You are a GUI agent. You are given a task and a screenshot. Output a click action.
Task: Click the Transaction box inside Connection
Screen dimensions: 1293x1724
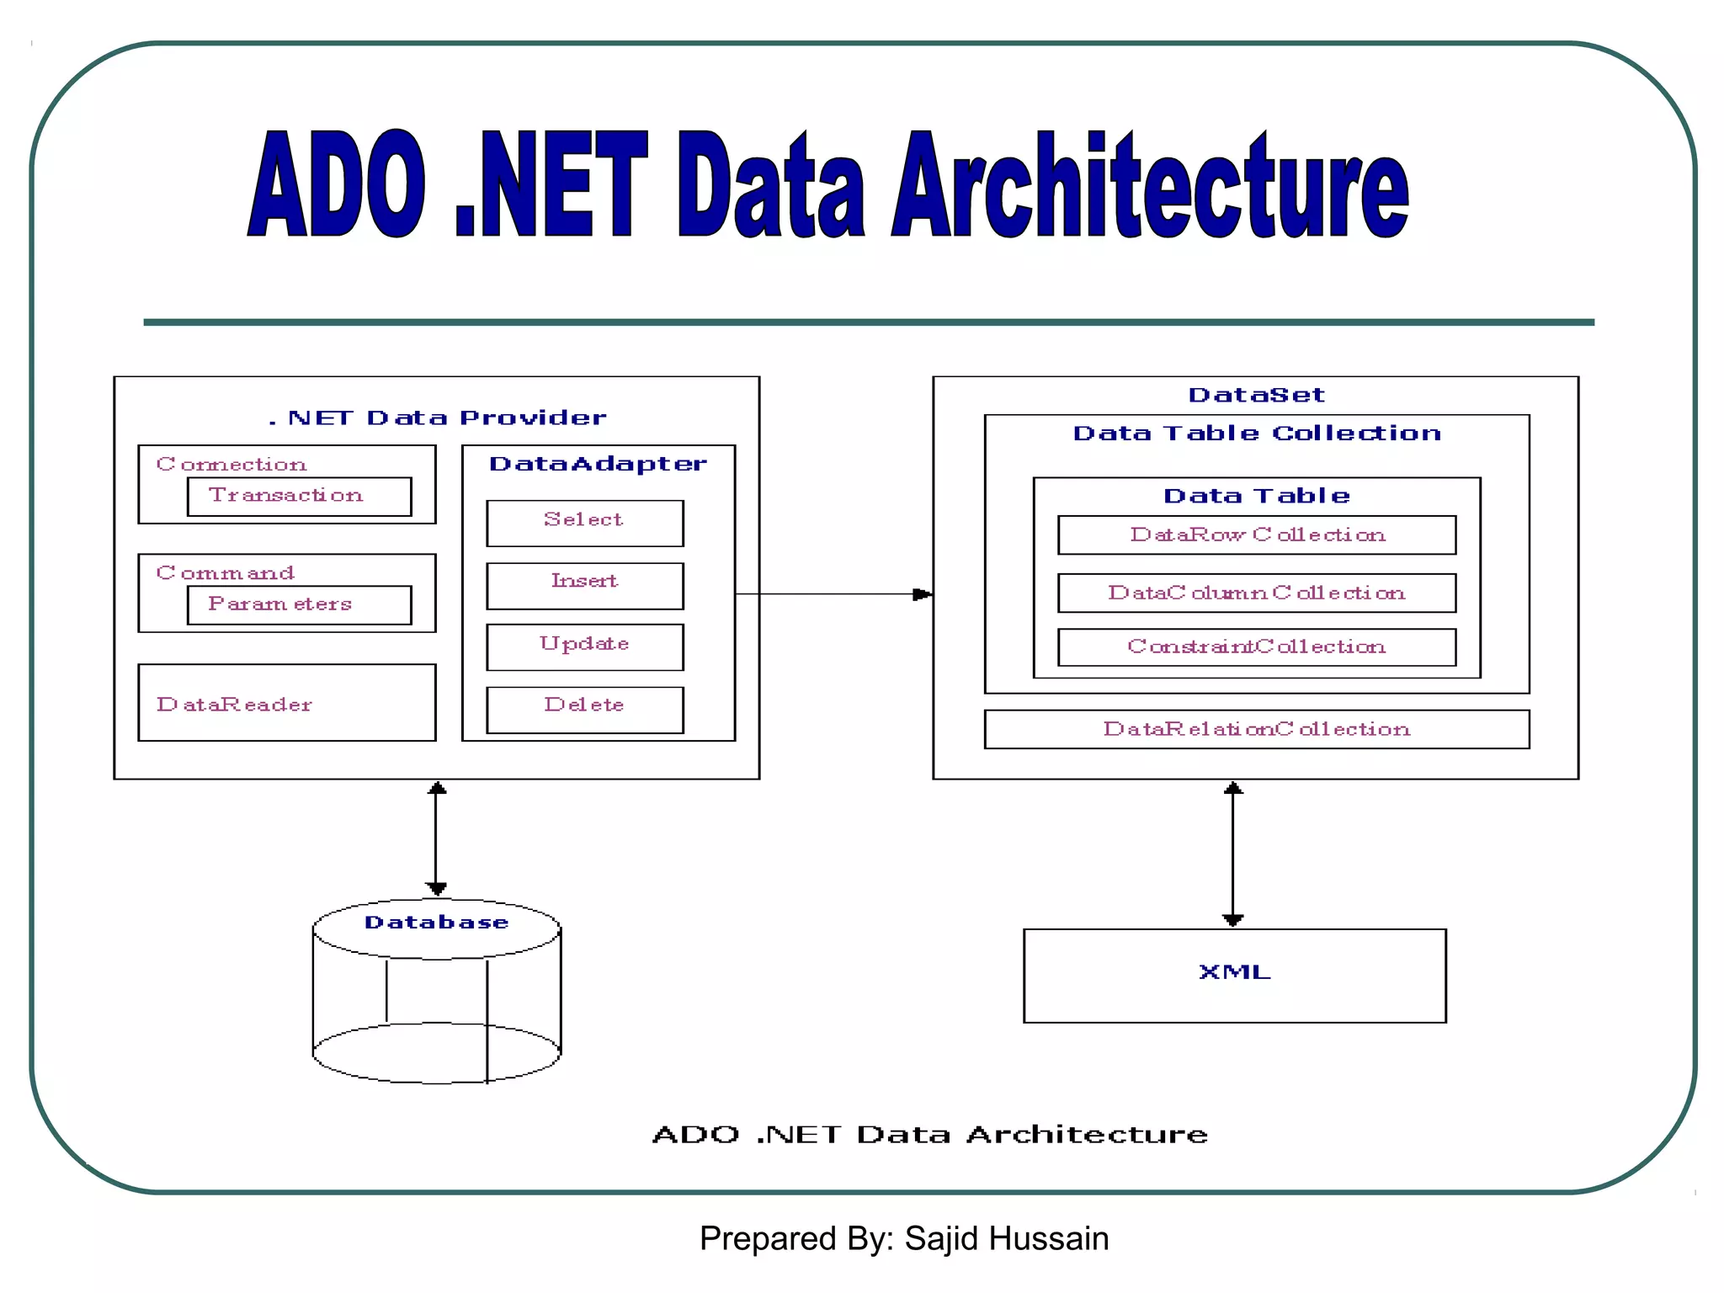(x=299, y=497)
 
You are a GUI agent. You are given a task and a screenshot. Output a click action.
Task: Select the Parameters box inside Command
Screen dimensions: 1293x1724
(x=299, y=605)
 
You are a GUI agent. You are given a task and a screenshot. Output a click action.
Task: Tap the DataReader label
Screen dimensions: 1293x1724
(x=234, y=705)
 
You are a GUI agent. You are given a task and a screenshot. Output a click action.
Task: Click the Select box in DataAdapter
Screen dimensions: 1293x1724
(x=584, y=523)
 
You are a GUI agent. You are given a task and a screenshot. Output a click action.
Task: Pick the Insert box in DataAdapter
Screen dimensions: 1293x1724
(x=584, y=585)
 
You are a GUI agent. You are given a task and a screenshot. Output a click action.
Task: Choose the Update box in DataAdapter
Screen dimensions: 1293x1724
(x=584, y=646)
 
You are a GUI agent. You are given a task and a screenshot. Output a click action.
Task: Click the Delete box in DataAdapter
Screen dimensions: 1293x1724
(x=584, y=709)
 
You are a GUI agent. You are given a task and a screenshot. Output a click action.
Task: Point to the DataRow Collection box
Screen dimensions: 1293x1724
(x=1256, y=535)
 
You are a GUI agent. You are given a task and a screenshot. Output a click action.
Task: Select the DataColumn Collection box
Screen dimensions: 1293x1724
(x=1256, y=593)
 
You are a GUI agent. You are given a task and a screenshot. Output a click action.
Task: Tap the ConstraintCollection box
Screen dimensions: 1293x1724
(x=1256, y=647)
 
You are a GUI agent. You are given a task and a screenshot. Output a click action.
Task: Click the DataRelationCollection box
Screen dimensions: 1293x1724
(x=1256, y=729)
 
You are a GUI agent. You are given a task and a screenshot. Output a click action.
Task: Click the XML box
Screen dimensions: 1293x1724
(x=1234, y=976)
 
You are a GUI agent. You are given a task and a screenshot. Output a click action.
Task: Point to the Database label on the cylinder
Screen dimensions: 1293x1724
(x=436, y=923)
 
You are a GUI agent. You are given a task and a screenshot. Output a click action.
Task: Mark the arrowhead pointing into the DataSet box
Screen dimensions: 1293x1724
(x=923, y=594)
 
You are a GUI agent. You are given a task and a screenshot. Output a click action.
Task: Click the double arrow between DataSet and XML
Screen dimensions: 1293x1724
(x=1232, y=854)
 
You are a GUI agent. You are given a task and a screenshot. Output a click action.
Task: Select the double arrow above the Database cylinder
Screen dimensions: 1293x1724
(x=436, y=838)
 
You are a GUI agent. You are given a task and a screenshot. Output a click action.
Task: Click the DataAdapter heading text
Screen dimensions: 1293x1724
(x=598, y=464)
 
